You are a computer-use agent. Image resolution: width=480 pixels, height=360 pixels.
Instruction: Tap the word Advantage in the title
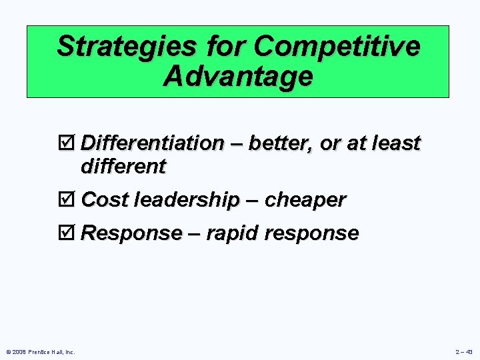coord(237,76)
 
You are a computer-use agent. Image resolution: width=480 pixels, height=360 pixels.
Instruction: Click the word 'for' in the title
coord(220,47)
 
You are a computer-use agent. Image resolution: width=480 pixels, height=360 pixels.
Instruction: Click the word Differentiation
coord(153,143)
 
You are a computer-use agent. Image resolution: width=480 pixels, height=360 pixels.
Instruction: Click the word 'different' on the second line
coord(123,167)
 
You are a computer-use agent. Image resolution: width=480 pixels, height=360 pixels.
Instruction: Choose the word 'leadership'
coord(186,200)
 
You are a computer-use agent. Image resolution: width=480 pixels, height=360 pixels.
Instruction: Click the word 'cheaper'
coord(305,200)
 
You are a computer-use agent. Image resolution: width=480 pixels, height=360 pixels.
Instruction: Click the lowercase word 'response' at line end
coord(314,233)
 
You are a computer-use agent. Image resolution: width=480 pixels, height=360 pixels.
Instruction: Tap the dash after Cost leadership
coord(251,200)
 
